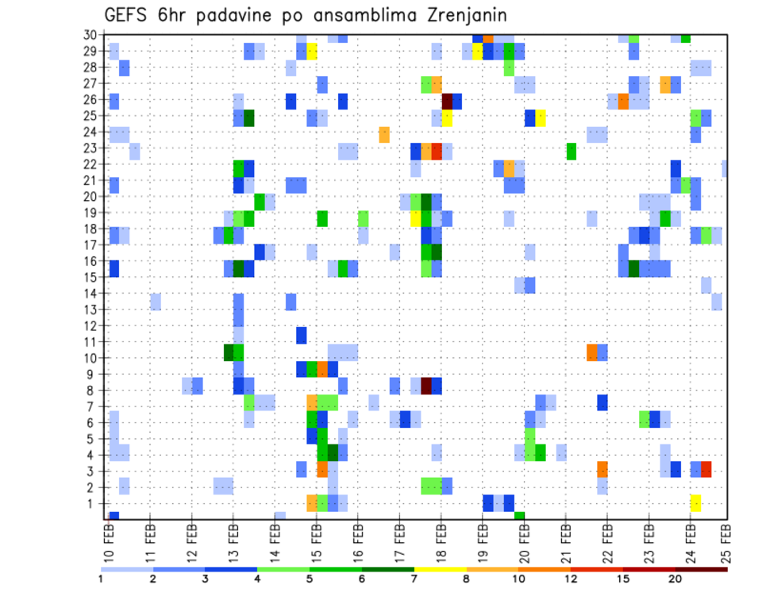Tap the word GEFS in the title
tap(130, 15)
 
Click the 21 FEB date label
tap(565, 540)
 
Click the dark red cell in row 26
tap(447, 101)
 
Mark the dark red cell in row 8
tap(426, 386)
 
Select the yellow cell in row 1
tap(695, 502)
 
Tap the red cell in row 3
tap(706, 469)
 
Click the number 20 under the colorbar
tap(675, 579)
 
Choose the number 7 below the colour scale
tap(414, 579)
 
